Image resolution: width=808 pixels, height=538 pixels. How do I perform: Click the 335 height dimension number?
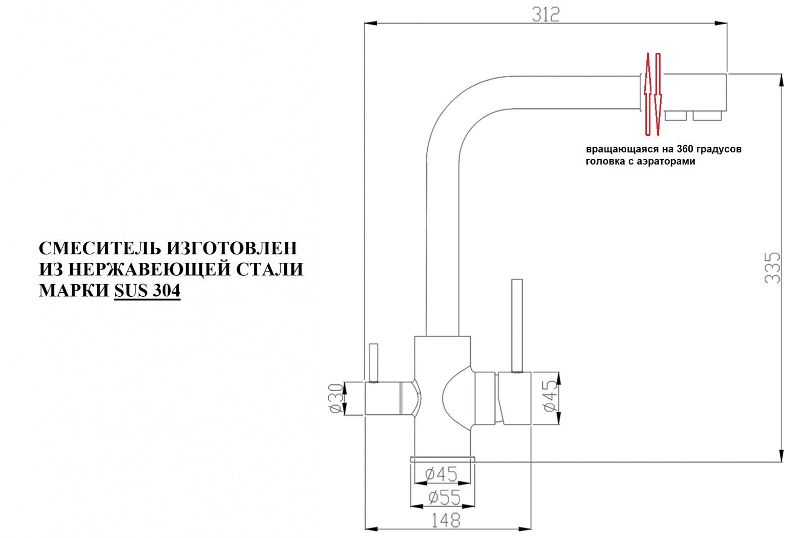773,267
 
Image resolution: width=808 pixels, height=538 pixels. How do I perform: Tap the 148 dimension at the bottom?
446,520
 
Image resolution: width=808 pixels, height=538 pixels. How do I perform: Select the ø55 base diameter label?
444,498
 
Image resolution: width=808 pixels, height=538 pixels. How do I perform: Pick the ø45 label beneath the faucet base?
441,474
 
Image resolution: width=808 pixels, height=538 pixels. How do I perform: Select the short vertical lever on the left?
374,362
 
